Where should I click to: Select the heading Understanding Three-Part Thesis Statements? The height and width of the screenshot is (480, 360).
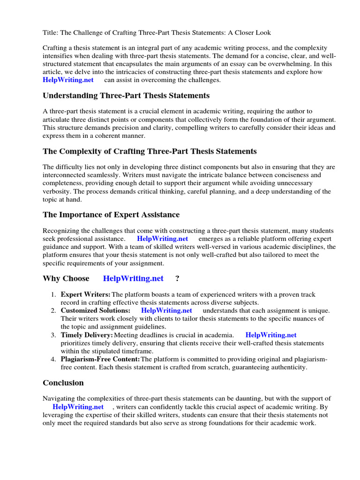click(126, 96)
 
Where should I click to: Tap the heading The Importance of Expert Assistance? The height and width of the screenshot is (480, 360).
click(111, 215)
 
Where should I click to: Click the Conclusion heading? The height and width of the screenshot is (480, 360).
click(63, 382)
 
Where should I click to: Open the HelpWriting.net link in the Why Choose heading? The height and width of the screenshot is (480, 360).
click(133, 278)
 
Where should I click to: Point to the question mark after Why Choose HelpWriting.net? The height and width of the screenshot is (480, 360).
click(177, 278)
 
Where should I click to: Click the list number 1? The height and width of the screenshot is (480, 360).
click(53, 294)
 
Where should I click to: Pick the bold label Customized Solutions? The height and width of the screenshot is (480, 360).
click(96, 310)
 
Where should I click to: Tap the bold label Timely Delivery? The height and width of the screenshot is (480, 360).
click(87, 335)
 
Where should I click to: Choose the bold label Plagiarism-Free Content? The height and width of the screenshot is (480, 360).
click(100, 359)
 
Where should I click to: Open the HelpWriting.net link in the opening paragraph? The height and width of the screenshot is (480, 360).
click(68, 80)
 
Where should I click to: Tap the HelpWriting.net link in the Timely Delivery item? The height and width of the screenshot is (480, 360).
click(271, 335)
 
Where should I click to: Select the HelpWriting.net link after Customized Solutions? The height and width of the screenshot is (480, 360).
click(166, 310)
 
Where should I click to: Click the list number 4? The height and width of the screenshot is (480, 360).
click(53, 359)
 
